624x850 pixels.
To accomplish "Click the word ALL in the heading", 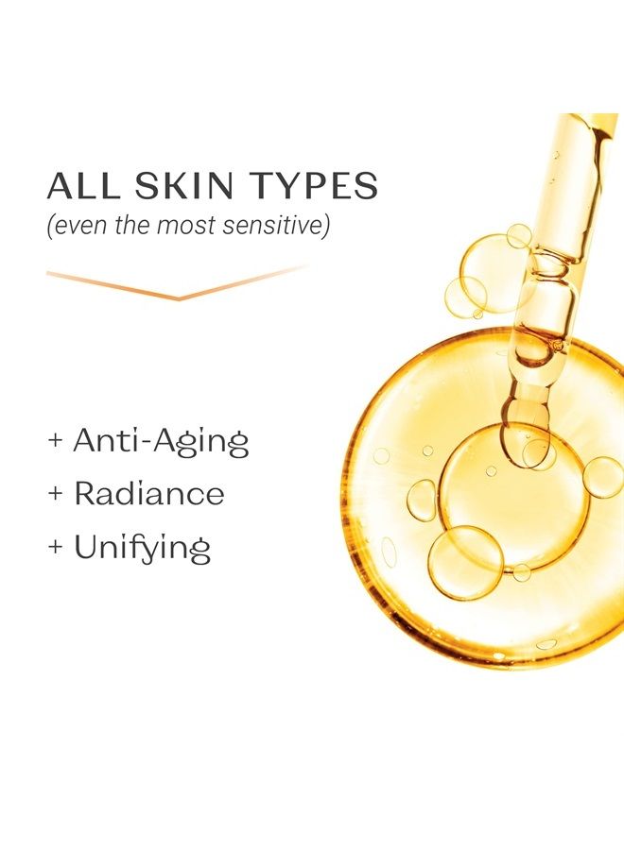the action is [82, 185].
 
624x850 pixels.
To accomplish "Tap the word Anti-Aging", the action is [161, 442].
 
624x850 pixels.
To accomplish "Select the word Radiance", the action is [148, 493].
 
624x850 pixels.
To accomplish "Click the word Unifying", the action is [142, 548].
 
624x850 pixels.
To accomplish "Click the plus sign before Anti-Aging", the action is [56, 439].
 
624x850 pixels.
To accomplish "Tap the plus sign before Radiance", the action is [56, 493].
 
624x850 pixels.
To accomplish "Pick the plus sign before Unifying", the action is [56, 547].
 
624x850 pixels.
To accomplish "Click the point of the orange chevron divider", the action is [179, 298].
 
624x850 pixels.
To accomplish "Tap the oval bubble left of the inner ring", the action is [421, 501].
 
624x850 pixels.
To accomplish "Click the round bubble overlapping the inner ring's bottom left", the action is [465, 562].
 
